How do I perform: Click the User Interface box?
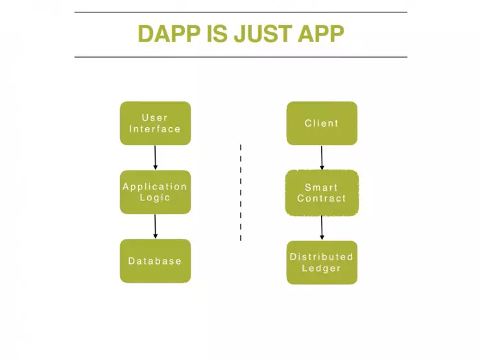click(x=155, y=123)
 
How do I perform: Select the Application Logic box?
click(x=155, y=192)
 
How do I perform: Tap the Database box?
click(x=155, y=261)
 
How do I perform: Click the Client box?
click(x=322, y=123)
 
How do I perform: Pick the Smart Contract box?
click(x=322, y=193)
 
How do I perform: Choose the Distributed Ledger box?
click(x=322, y=262)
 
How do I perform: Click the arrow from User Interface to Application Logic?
click(x=155, y=158)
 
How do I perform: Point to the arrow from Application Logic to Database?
click(x=155, y=226)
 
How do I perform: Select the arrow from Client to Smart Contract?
click(x=322, y=158)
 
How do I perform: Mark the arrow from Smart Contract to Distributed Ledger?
click(x=322, y=228)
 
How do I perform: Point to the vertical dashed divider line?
click(x=241, y=193)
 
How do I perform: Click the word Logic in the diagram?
click(x=155, y=198)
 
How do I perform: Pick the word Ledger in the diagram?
click(x=322, y=268)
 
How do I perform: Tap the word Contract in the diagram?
click(x=322, y=198)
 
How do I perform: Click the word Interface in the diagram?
click(x=155, y=129)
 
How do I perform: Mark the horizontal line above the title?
click(x=241, y=12)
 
